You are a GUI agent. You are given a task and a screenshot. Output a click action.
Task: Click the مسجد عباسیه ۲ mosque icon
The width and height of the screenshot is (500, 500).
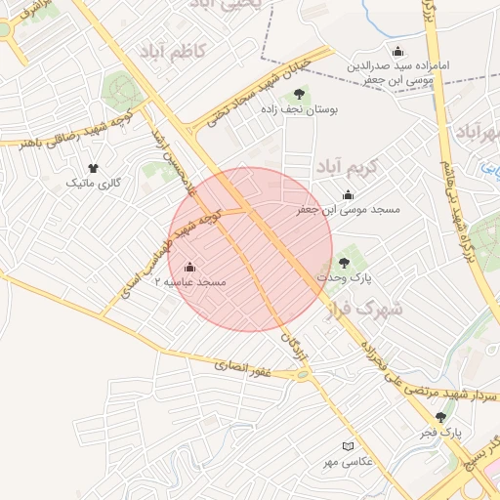click(x=189, y=267)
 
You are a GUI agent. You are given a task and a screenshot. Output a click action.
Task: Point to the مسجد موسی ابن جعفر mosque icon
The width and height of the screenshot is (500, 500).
click(x=349, y=195)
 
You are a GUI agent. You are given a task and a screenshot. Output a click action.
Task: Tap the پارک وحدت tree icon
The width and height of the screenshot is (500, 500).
click(x=343, y=262)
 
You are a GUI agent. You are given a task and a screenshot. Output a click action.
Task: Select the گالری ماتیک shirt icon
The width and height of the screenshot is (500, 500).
click(x=93, y=168)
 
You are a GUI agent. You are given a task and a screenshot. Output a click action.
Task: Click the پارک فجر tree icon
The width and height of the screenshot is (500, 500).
click(x=440, y=417)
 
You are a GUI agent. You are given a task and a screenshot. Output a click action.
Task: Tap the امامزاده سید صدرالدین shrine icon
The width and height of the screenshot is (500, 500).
click(x=397, y=51)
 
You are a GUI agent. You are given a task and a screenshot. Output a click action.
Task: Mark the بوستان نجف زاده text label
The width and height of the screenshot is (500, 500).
click(x=298, y=110)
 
